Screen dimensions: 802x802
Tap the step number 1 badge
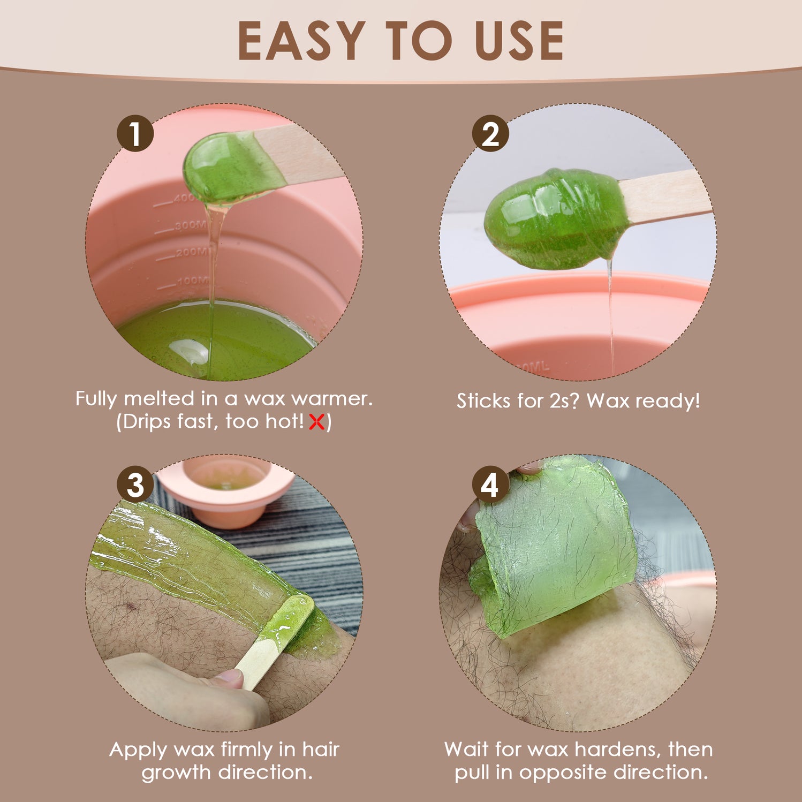tap(135, 133)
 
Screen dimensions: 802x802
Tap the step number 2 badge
tap(490, 133)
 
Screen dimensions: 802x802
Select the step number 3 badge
tap(135, 485)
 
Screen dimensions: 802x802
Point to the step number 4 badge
tap(490, 485)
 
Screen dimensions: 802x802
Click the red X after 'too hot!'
tap(317, 422)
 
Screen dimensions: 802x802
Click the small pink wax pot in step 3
tap(226, 490)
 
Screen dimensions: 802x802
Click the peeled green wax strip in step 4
tap(554, 546)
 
